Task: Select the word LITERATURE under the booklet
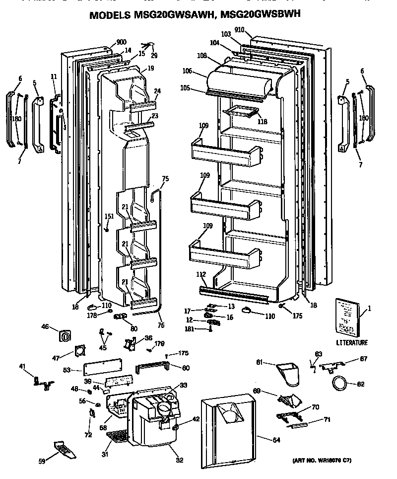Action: pos(352,342)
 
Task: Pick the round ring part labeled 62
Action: pos(339,384)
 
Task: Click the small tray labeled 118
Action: pos(243,113)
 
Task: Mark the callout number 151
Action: pos(108,216)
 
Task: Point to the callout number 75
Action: pos(165,178)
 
